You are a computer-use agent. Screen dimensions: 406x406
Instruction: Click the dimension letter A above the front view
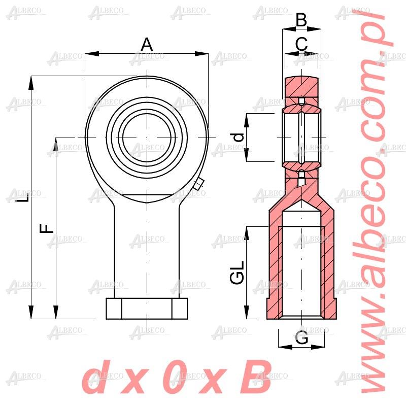click(147, 45)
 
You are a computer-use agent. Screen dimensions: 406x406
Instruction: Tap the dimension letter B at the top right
click(301, 20)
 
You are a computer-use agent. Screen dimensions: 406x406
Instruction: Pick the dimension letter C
click(301, 44)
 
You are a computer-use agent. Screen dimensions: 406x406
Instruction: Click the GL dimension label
click(237, 273)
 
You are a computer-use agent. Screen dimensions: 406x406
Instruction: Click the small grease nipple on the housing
click(199, 184)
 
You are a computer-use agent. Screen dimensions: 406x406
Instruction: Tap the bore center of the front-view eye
click(147, 138)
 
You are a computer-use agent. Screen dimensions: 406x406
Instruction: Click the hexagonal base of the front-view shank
click(147, 309)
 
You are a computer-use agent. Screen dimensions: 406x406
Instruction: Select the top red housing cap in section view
click(302, 86)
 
